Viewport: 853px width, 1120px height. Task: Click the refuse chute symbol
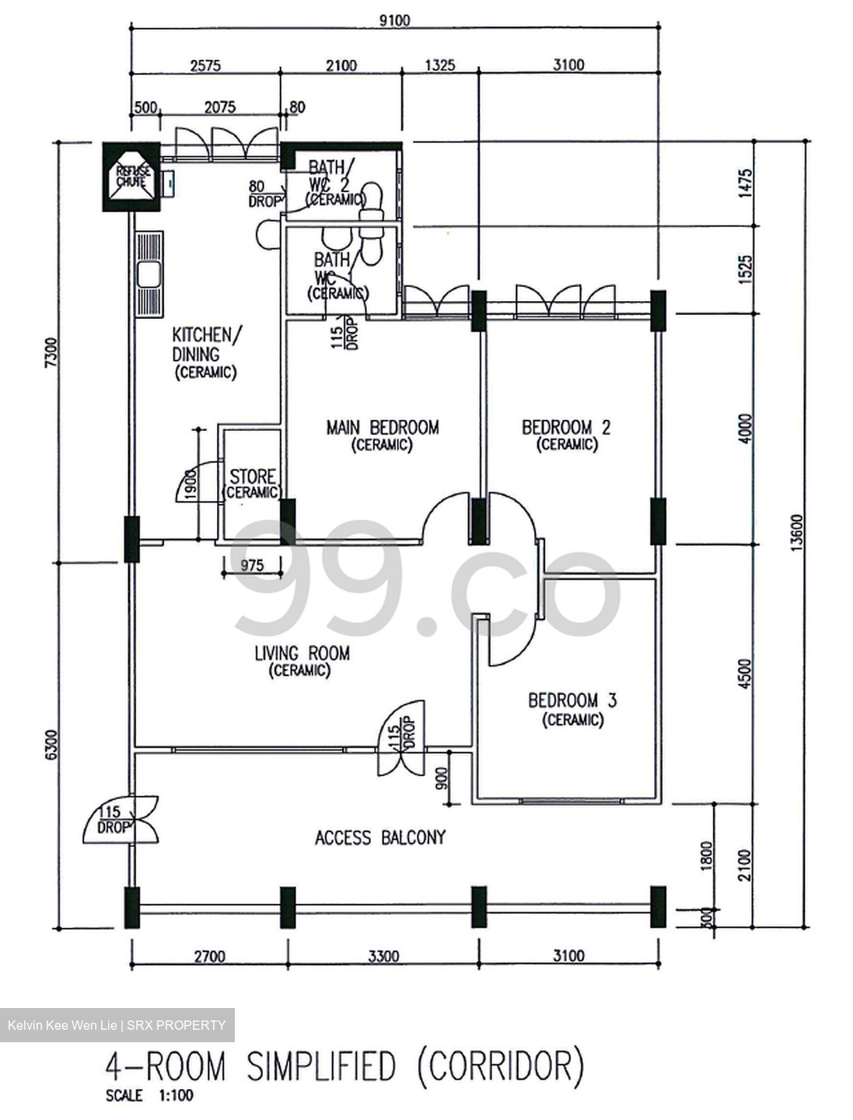131,177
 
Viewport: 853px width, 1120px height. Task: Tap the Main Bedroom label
382,427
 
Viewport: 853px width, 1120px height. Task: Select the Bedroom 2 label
565,427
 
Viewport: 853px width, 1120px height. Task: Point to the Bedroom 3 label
572,701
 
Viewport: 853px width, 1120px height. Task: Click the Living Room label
302,653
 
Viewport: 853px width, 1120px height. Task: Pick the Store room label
252,476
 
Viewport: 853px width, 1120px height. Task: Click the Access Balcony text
379,838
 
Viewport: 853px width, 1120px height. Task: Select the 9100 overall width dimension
394,20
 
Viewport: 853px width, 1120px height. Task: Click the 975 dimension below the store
251,565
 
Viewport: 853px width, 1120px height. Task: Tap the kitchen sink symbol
149,274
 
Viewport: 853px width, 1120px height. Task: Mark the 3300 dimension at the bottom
383,956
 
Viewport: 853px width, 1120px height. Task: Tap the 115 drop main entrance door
121,820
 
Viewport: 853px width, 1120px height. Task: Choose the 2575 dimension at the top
205,65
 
